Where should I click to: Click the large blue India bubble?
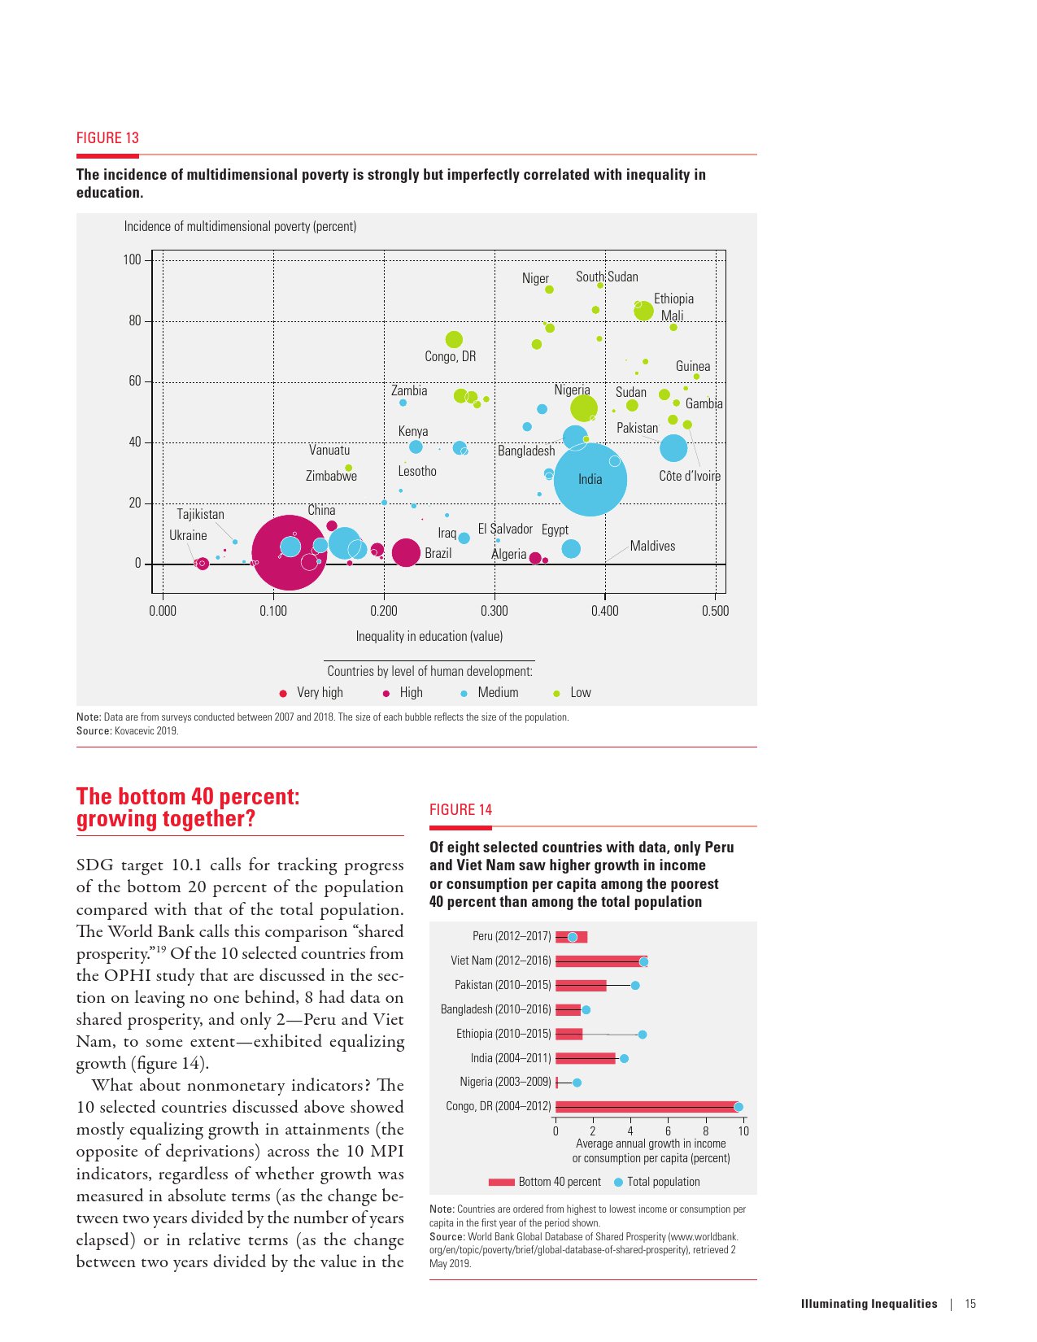click(x=590, y=479)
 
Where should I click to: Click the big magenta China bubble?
click(x=290, y=553)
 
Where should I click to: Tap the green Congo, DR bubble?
click(x=454, y=340)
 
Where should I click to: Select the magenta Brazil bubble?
click(x=406, y=553)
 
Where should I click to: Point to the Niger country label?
click(x=535, y=278)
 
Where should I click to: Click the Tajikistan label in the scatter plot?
click(x=200, y=514)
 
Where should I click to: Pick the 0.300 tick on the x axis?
click(x=494, y=611)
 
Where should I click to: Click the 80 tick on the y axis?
click(x=135, y=320)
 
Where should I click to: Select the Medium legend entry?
click(x=497, y=692)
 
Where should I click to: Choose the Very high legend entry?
click(x=319, y=692)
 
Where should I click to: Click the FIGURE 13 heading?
click(x=107, y=137)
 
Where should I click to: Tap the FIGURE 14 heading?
click(x=460, y=809)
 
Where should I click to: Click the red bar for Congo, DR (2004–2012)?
click(x=647, y=1107)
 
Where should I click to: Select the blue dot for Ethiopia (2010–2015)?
click(x=643, y=1035)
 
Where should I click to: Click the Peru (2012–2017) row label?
click(x=512, y=936)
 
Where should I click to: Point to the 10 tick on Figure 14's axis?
click(x=743, y=1131)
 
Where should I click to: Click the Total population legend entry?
click(x=662, y=1182)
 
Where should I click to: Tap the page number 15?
click(x=970, y=1304)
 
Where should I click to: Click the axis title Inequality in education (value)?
click(x=429, y=636)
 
